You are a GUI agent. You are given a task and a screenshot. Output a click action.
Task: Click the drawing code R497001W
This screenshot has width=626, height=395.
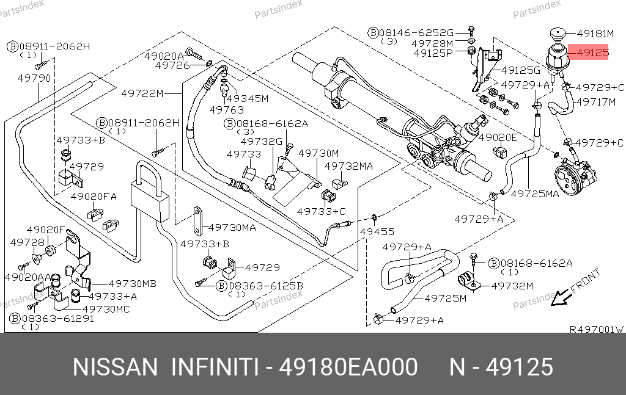point(596,328)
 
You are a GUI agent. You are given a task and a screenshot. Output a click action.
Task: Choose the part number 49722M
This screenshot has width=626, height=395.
point(142,93)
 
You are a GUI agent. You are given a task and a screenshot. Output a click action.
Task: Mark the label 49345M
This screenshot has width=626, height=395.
point(247,98)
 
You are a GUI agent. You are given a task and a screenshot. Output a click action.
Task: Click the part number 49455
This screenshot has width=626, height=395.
point(377,232)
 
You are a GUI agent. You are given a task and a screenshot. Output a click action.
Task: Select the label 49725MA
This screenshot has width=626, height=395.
point(535,194)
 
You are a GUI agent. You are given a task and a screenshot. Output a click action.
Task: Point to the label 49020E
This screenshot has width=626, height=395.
point(498,137)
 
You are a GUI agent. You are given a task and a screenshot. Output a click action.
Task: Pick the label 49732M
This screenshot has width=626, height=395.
point(512,285)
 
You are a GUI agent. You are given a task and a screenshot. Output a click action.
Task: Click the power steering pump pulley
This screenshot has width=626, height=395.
point(567,176)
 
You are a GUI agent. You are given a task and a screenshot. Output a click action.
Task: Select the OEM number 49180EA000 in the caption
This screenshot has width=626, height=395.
point(348,367)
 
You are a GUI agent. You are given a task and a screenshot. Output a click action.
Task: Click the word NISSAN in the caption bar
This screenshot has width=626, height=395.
point(115,367)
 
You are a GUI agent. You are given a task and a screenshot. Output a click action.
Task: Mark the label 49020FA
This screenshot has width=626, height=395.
point(93,197)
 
